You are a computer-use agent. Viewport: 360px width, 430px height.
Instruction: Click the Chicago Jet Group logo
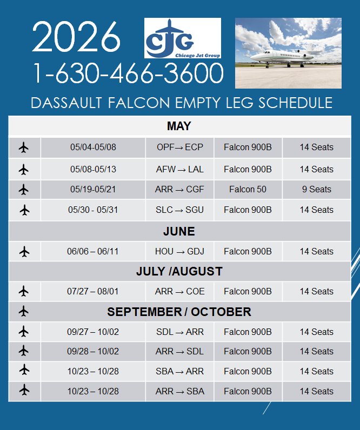pyautogui.click(x=182, y=38)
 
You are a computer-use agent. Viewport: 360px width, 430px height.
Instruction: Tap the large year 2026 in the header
pyautogui.click(x=76, y=38)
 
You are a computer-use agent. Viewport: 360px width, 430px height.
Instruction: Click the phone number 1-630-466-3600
pyautogui.click(x=128, y=73)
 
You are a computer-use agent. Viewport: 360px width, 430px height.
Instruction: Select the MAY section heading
pyautogui.click(x=179, y=126)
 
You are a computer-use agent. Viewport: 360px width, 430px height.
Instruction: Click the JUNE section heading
pyautogui.click(x=179, y=232)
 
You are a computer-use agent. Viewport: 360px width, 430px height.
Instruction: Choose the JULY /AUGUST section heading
pyautogui.click(x=179, y=271)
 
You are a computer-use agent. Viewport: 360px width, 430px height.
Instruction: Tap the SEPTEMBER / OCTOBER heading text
pyautogui.click(x=179, y=312)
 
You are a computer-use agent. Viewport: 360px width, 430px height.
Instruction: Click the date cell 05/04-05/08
pyautogui.click(x=93, y=147)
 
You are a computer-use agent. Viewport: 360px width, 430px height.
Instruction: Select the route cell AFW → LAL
pyautogui.click(x=179, y=169)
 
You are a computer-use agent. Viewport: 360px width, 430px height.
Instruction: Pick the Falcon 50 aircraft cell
pyautogui.click(x=248, y=190)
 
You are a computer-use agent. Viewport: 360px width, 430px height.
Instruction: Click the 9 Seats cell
pyautogui.click(x=316, y=190)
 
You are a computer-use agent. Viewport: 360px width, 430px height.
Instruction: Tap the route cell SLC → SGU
pyautogui.click(x=179, y=210)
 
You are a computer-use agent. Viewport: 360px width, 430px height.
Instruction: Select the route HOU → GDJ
pyautogui.click(x=179, y=251)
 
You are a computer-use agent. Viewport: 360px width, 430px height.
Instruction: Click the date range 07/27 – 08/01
pyautogui.click(x=93, y=291)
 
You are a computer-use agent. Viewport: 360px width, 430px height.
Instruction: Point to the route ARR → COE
pyautogui.click(x=179, y=291)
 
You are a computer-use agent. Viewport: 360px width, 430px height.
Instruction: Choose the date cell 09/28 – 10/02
pyautogui.click(x=93, y=351)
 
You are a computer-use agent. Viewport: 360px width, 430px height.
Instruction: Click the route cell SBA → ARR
pyautogui.click(x=179, y=371)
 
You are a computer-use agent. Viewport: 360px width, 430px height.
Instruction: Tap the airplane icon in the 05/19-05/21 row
pyautogui.click(x=24, y=190)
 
